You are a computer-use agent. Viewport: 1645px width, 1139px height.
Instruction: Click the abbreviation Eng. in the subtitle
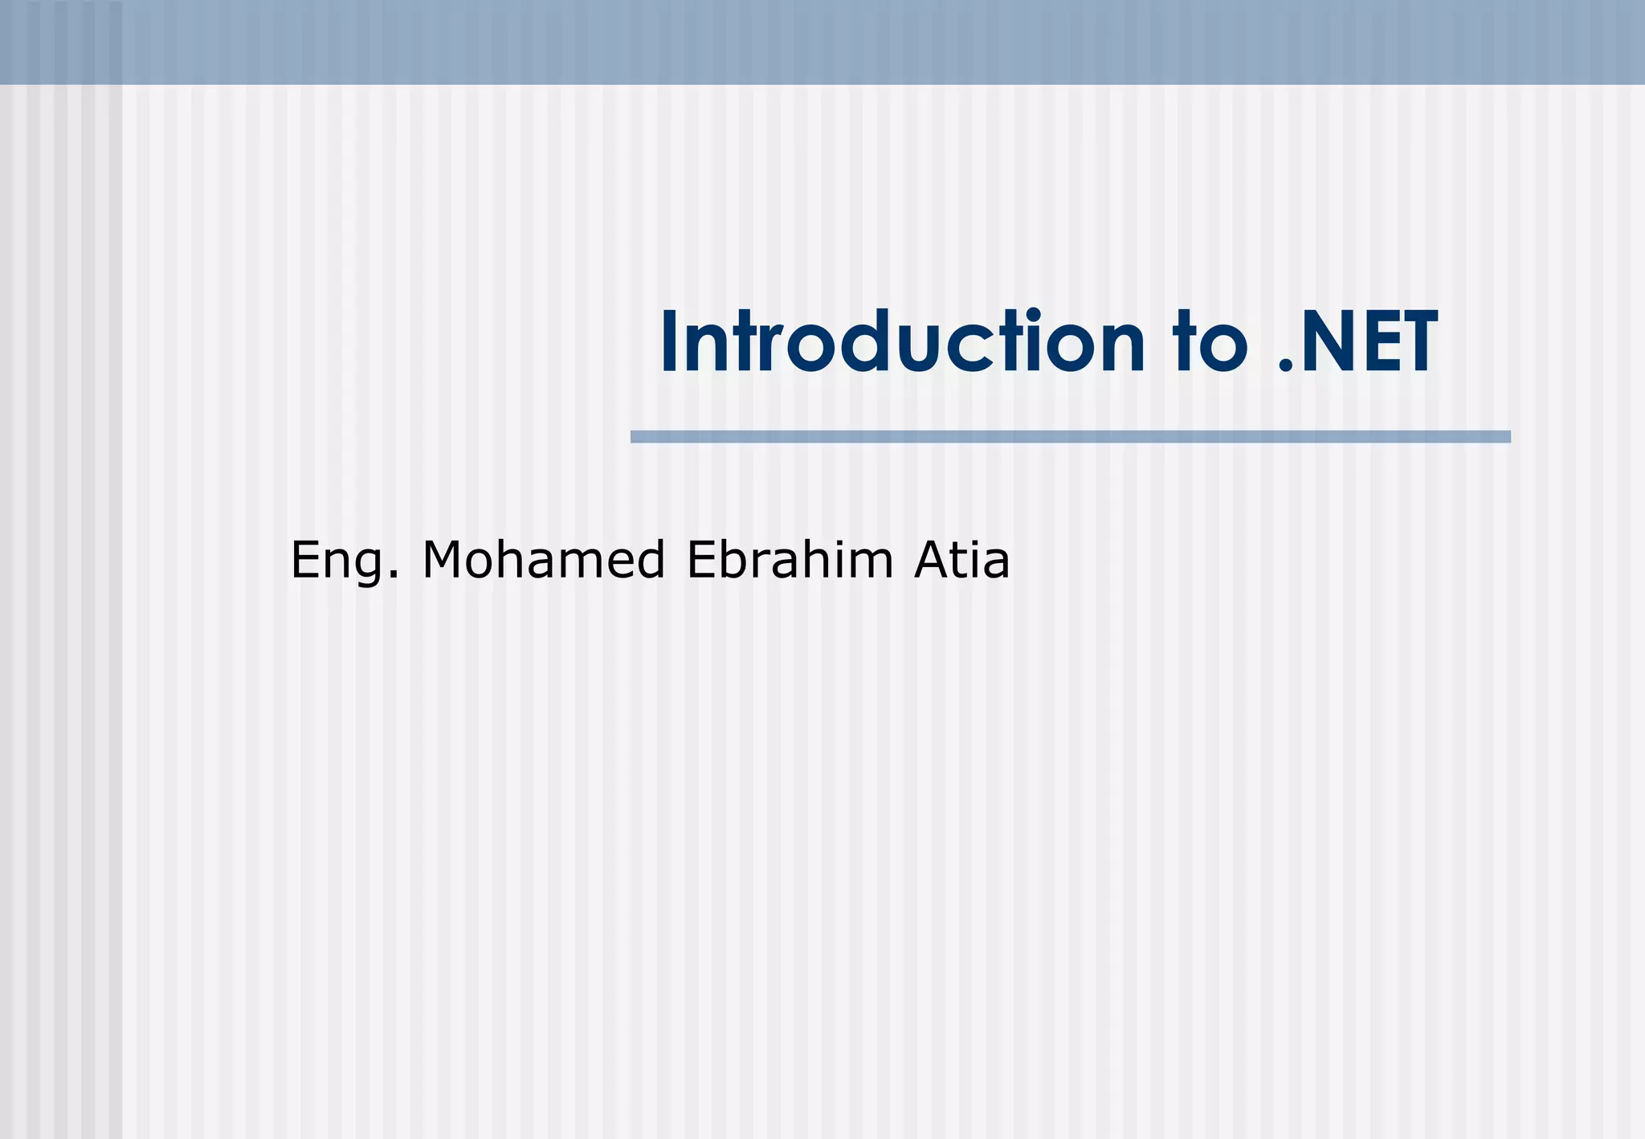[x=344, y=561]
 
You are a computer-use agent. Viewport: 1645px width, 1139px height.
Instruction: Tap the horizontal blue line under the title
[x=1070, y=436]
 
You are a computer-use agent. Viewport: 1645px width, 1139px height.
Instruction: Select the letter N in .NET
[x=1329, y=344]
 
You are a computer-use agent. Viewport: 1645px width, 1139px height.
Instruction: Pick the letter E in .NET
[x=1374, y=344]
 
